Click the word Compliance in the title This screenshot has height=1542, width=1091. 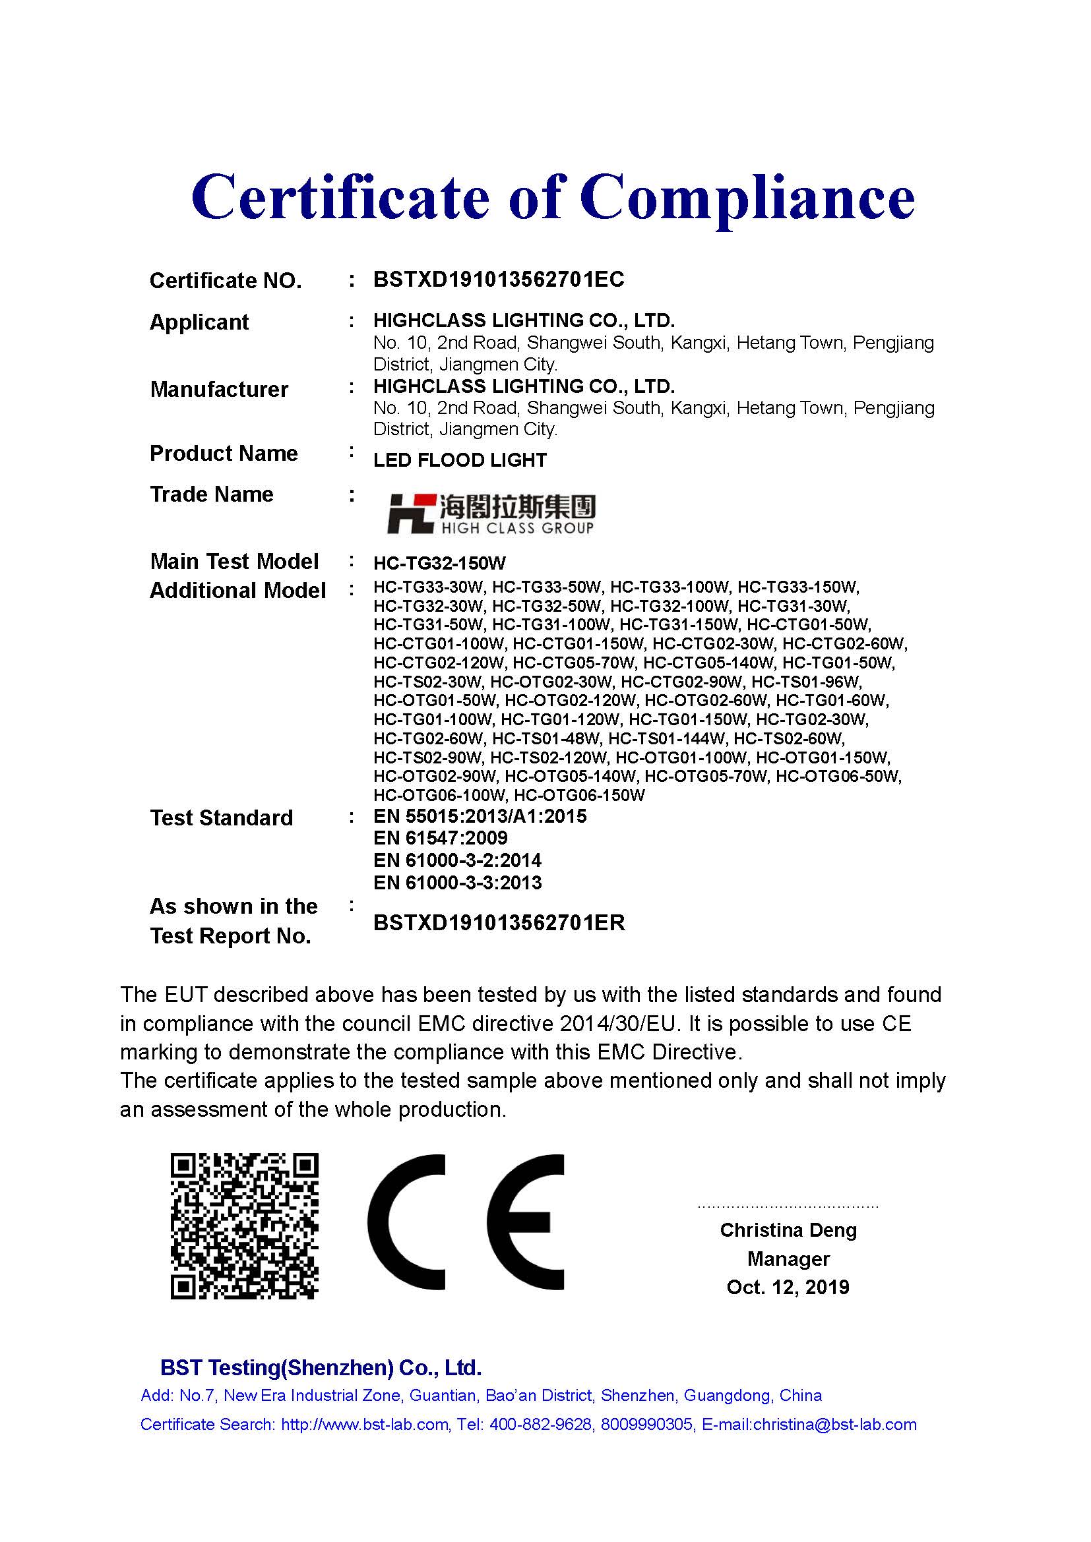747,198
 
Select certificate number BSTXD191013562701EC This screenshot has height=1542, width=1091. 499,280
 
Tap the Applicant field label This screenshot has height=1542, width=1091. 199,322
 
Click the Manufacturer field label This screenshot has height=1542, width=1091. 219,390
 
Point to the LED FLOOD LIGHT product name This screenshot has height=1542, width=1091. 460,461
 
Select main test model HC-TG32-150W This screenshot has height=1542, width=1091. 439,563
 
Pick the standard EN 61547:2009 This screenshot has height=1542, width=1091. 440,838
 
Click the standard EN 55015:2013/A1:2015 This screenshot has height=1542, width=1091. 480,817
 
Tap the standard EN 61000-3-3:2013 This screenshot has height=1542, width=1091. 457,883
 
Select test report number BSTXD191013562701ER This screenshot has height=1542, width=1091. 499,923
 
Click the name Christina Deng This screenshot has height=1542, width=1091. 788,1230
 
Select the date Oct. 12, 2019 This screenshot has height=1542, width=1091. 788,1287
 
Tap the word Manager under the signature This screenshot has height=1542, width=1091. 788,1259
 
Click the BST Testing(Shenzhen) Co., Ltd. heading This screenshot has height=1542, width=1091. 321,1368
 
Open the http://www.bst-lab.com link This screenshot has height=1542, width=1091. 365,1425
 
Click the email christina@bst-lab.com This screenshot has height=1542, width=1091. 834,1425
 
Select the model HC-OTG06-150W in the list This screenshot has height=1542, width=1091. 579,796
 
